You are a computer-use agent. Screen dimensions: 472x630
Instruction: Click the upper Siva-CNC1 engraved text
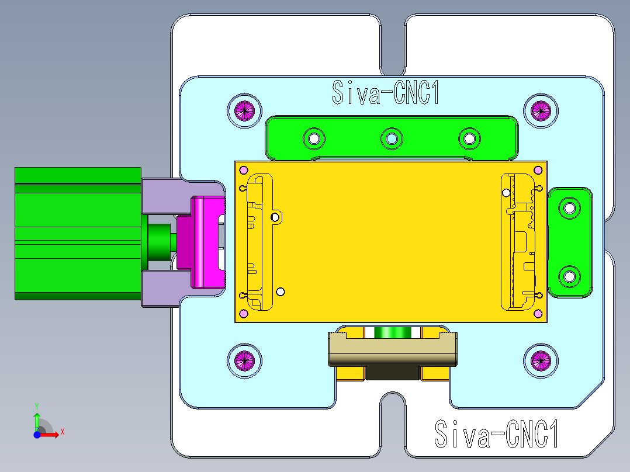pos(386,93)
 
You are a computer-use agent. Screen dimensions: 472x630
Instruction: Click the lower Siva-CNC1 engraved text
pos(497,433)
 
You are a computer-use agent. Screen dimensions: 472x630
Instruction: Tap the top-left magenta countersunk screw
pos(245,110)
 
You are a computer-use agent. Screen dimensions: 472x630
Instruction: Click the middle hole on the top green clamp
pos(391,138)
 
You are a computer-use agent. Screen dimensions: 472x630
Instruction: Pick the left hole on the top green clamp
pos(314,138)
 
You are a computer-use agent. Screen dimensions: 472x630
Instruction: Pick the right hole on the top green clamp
pos(469,138)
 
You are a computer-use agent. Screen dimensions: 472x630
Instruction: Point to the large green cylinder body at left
pos(76,234)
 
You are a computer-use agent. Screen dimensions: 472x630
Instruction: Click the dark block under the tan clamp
pos(393,372)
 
